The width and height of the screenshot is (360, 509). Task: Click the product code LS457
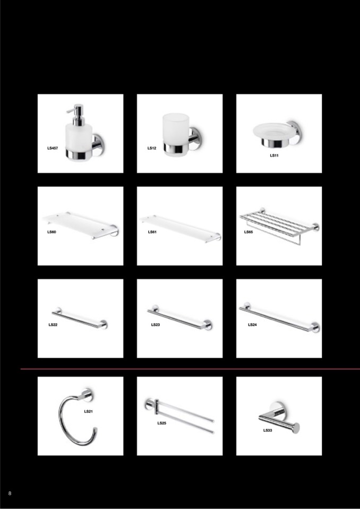tap(53, 149)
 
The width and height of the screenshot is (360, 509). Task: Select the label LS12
tap(152, 149)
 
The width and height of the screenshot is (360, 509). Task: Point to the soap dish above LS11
tap(277, 133)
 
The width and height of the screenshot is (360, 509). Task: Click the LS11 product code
tap(274, 156)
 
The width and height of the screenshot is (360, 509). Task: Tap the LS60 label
tap(52, 232)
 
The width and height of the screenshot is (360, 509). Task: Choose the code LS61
tap(152, 232)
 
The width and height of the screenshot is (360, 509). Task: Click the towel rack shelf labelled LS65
tap(279, 225)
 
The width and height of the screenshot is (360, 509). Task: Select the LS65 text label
tap(248, 232)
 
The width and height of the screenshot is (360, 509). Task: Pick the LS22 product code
tap(53, 325)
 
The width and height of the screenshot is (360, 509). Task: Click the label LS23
tap(156, 325)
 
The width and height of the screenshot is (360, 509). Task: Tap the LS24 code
tap(252, 325)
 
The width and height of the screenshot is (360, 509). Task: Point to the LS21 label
tap(88, 412)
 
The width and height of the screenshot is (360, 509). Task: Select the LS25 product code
tap(161, 424)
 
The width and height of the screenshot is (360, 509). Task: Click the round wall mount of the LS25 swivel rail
tap(150, 404)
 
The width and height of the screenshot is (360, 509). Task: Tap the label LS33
tap(268, 430)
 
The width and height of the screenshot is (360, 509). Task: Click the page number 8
tap(10, 494)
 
